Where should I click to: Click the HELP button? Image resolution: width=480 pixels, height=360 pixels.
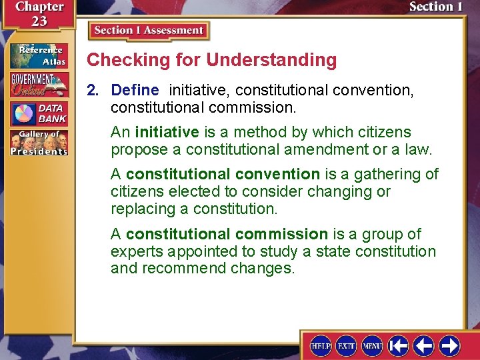pyautogui.click(x=321, y=345)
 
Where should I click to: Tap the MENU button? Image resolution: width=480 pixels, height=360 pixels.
pyautogui.click(x=371, y=345)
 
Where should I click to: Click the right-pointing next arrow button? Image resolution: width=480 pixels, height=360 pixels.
pyautogui.click(x=449, y=345)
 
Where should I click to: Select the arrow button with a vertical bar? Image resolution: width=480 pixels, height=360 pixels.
pyautogui.click(x=398, y=345)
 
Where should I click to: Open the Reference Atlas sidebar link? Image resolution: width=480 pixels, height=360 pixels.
pyautogui.click(x=39, y=56)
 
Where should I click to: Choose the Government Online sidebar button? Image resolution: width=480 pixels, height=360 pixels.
pyautogui.click(x=39, y=85)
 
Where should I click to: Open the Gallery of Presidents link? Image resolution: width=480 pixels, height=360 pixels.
pyautogui.click(x=39, y=143)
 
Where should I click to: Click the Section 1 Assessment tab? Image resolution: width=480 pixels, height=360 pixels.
pyautogui.click(x=149, y=31)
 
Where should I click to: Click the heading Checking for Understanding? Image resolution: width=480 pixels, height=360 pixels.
pyautogui.click(x=212, y=60)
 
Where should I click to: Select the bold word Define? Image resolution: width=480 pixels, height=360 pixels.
pyautogui.click(x=135, y=90)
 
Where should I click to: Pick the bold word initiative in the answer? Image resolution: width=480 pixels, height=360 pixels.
pyautogui.click(x=167, y=132)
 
